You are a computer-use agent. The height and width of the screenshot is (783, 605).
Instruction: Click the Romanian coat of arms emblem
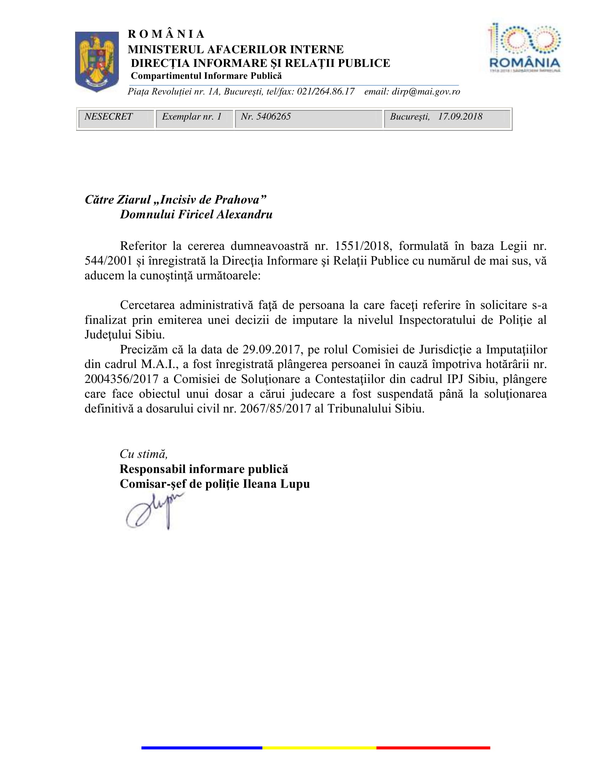coord(97,61)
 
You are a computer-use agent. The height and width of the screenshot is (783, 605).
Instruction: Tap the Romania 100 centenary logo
coord(524,48)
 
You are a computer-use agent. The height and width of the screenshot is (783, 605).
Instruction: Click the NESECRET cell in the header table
coord(109,117)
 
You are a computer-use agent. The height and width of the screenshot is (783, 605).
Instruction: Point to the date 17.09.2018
coord(460,117)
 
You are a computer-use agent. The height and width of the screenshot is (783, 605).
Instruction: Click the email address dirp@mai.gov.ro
coord(426,92)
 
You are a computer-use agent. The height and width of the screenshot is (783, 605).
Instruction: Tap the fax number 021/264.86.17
coord(326,92)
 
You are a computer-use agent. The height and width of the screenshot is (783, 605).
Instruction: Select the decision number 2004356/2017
coord(121,379)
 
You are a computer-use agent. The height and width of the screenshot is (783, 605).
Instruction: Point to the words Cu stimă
coord(144,454)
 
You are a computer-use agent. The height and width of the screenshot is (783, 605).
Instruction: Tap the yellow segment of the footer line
coord(319,748)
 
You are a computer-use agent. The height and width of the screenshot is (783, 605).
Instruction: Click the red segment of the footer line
coord(433,748)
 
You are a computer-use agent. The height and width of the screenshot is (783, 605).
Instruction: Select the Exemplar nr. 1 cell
coord(192,117)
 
